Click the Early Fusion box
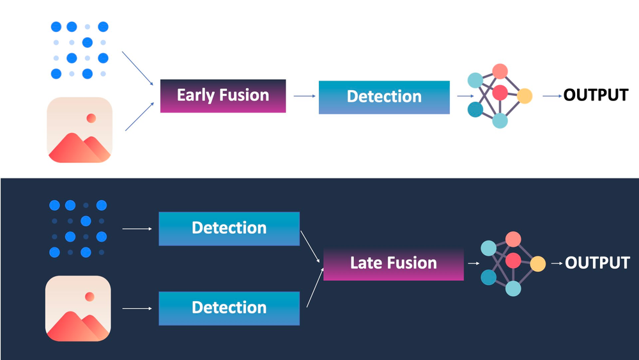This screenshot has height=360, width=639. coord(222,96)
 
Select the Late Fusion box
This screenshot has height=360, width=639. coord(393,263)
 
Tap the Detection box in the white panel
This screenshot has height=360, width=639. coord(384,97)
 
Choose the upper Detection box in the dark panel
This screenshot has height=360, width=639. coord(229,228)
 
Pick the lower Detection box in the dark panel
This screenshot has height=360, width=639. coord(229,308)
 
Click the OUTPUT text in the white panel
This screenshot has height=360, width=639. coord(596,96)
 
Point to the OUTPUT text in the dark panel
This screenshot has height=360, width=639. coord(597,263)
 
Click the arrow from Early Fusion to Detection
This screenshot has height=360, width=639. coord(304,96)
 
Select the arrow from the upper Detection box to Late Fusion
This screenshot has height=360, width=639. coord(310,247)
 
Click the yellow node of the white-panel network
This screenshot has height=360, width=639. coord(525,97)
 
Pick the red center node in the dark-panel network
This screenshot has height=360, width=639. coord(512,261)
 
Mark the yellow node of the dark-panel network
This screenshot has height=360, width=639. coord(537,263)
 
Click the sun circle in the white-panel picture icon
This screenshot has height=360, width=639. coord(91,118)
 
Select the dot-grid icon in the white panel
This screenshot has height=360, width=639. coord(79,51)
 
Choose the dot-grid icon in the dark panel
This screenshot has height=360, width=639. coord(77,228)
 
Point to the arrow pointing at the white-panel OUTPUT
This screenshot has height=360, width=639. coord(551,96)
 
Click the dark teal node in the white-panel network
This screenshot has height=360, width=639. coord(475,110)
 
